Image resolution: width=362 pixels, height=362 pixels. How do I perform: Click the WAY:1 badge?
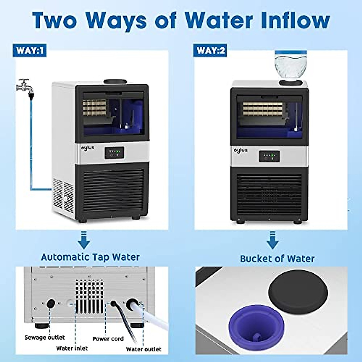(x=30, y=50)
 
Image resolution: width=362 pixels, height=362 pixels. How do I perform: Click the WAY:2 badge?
(x=211, y=50)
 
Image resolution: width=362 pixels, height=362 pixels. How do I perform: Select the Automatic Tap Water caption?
(x=90, y=257)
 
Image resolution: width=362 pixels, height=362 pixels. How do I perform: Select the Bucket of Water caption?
(x=277, y=259)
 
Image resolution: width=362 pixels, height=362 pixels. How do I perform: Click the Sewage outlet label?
(x=44, y=337)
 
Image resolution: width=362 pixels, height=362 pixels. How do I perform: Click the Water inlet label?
(x=72, y=348)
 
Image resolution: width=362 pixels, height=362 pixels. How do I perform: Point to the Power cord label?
(x=108, y=339)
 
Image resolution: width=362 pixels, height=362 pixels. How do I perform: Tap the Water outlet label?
(x=144, y=349)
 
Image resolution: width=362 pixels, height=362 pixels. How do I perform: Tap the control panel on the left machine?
(x=114, y=153)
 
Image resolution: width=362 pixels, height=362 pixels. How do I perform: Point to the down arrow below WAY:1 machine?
(x=84, y=240)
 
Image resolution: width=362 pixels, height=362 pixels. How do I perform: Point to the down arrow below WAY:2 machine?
(x=272, y=241)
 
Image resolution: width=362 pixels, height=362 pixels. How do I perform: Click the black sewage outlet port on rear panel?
(x=50, y=303)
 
